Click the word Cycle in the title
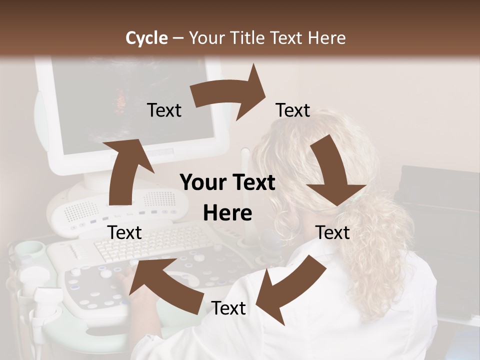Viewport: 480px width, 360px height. (146, 37)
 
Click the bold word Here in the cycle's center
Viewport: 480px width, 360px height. (227, 213)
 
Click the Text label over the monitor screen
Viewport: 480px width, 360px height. (164, 110)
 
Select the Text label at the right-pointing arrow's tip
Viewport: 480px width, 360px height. (293, 110)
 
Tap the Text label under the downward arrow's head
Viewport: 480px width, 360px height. (333, 232)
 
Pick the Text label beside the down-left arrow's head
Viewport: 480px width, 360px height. (228, 308)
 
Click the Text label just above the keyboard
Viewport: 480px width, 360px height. (125, 232)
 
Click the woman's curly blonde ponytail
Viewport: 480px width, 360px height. (380, 250)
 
